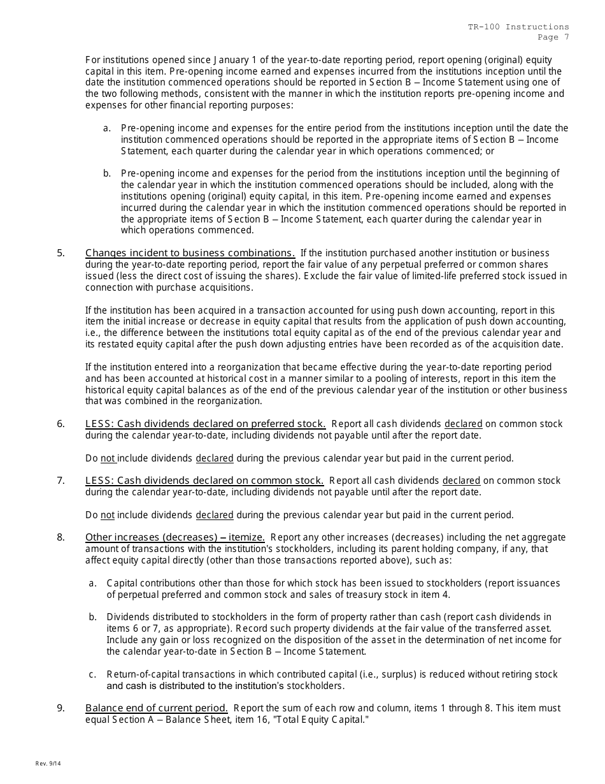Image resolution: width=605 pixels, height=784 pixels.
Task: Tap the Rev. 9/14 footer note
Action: [x=46, y=764]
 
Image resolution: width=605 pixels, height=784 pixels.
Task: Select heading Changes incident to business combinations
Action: [x=190, y=253]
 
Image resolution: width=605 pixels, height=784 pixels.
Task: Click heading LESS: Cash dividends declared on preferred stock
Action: [x=205, y=424]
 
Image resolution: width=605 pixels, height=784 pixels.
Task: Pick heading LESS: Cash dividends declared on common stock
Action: [x=204, y=481]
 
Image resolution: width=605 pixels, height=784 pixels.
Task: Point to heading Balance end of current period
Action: [x=157, y=708]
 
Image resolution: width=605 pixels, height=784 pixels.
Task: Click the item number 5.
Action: [x=60, y=253]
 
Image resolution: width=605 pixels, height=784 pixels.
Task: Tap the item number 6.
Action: [x=60, y=424]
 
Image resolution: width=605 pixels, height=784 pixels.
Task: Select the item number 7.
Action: [x=60, y=481]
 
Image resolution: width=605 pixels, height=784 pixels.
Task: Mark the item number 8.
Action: [x=60, y=537]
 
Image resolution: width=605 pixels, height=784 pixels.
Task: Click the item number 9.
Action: [x=60, y=708]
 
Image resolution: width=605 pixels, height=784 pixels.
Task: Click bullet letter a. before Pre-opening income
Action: [x=107, y=128]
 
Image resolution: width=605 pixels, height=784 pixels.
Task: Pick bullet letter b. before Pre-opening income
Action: [x=107, y=173]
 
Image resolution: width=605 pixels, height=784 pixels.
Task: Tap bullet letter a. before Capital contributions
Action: [x=93, y=583]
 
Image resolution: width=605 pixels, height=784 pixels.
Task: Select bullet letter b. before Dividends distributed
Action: [x=93, y=617]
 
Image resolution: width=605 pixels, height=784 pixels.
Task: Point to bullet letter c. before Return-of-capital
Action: [x=93, y=674]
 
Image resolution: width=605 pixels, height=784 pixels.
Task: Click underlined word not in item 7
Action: [x=108, y=515]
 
